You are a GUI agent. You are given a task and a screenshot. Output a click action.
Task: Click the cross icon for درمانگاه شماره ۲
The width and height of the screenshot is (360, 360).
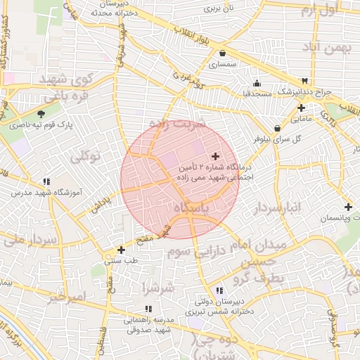click(214, 155)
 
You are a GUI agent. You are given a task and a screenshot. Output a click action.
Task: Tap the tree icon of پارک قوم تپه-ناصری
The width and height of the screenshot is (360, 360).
click(41, 114)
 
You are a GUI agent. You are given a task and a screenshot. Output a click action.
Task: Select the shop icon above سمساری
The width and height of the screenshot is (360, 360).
click(223, 53)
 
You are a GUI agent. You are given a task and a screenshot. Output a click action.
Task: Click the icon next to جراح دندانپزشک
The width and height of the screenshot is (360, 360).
click(304, 81)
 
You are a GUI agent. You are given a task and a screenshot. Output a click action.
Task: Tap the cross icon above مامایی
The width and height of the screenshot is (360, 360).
click(301, 108)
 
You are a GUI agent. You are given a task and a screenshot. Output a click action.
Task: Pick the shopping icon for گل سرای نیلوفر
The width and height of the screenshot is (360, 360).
click(278, 128)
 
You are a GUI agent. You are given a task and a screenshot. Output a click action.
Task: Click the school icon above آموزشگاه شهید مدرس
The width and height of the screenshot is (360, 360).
click(46, 181)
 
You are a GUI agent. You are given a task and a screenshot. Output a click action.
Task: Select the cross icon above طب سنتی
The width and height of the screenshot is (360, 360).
click(122, 249)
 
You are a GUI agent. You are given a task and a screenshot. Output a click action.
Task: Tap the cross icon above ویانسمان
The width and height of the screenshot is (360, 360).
click(348, 207)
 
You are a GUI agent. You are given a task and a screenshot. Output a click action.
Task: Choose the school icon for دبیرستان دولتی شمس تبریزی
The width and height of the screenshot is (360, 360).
click(219, 290)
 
